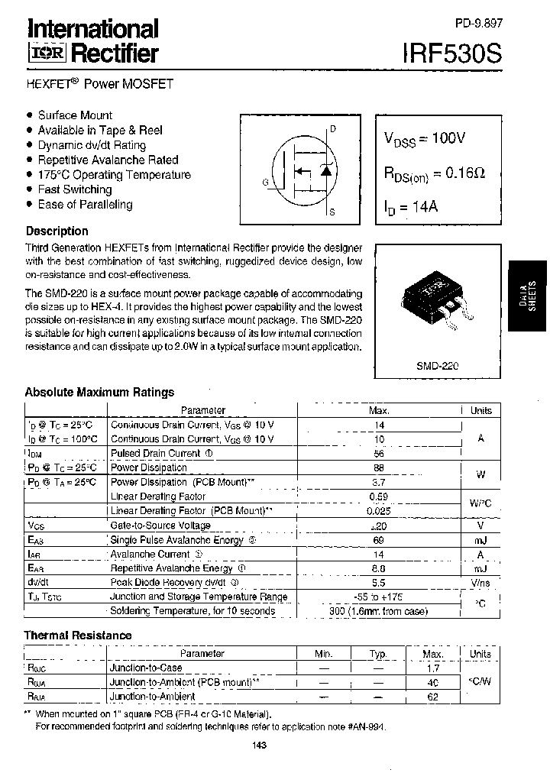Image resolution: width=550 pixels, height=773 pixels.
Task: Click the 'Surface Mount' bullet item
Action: [x=75, y=115]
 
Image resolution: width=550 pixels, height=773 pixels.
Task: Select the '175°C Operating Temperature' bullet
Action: [x=114, y=175]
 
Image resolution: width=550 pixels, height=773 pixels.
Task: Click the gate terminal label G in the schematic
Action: [x=265, y=182]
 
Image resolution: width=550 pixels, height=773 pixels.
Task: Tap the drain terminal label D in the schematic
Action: [x=332, y=129]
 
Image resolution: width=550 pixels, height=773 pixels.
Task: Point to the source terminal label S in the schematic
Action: [x=332, y=212]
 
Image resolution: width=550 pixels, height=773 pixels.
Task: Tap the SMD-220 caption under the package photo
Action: [x=438, y=365]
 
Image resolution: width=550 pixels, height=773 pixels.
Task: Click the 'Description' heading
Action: [x=57, y=231]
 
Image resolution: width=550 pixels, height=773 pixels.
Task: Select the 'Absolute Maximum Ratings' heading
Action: [x=99, y=392]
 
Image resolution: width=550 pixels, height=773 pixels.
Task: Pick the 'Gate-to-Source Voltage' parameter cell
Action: [x=160, y=526]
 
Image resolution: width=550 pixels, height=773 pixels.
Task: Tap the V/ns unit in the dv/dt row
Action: [x=480, y=583]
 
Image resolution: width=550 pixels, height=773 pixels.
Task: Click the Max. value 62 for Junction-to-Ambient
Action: [x=433, y=696]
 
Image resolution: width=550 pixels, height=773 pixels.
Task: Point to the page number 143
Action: [x=258, y=746]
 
